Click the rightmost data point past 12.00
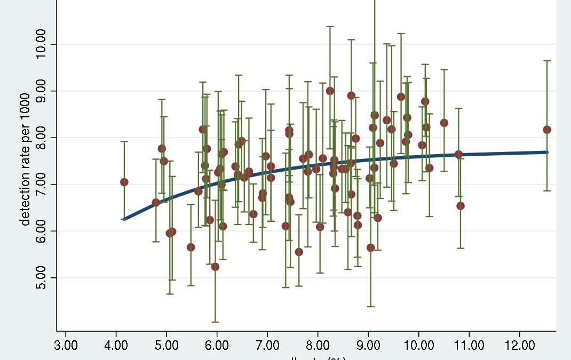[547, 130]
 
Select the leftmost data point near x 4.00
[124, 182]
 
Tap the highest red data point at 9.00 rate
[330, 91]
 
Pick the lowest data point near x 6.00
[215, 267]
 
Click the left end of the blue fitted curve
[124, 218]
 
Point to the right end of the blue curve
[547, 152]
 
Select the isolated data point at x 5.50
[191, 247]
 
